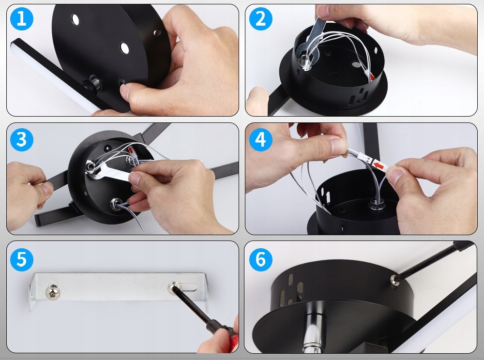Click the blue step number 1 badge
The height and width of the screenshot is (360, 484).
pos(22,18)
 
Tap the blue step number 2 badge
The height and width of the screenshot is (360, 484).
pos(260,18)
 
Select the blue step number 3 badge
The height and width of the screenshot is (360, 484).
pos(22,139)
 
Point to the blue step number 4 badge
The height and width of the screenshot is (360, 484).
pos(260,139)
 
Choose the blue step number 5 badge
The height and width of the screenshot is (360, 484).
pos(22,259)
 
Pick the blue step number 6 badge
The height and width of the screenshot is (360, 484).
pos(260,259)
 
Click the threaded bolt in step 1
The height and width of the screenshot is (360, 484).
pos(95,82)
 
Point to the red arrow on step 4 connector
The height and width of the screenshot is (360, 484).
pos(378,165)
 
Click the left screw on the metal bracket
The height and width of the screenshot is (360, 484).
pos(53,292)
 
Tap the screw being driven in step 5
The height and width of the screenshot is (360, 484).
pos(173,287)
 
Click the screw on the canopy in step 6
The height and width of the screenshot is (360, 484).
pos(394,280)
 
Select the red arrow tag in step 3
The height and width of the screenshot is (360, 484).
pos(131,150)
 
